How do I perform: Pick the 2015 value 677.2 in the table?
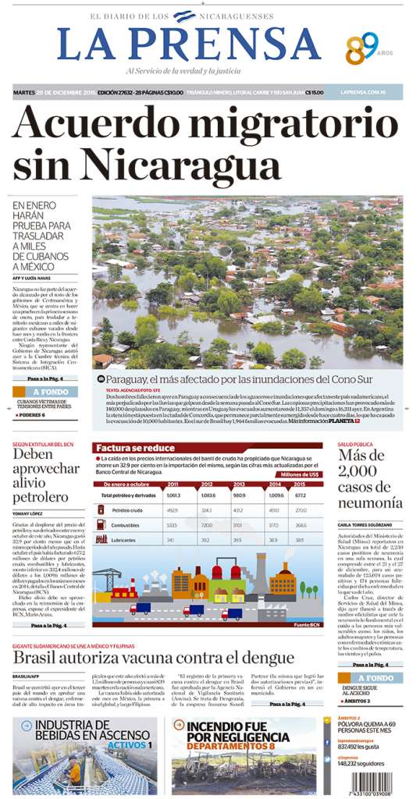299,495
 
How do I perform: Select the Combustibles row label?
126,525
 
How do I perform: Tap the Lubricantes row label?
125,539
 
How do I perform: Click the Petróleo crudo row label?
128,510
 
